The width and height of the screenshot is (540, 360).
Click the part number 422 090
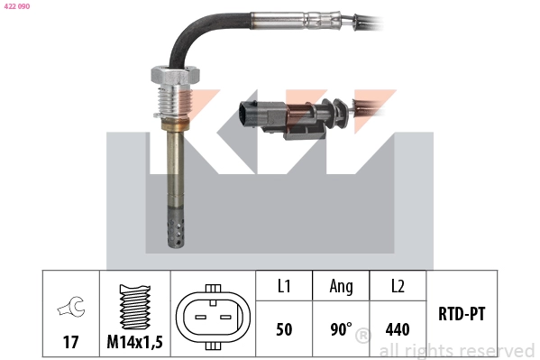[x=17, y=6]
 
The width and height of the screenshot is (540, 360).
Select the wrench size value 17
[x=70, y=344]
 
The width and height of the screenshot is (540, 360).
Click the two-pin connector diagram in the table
[x=213, y=317]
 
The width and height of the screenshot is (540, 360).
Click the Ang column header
[x=341, y=286]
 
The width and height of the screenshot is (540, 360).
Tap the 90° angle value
[x=341, y=329]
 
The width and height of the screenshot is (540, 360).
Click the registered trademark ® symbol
[x=362, y=337]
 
